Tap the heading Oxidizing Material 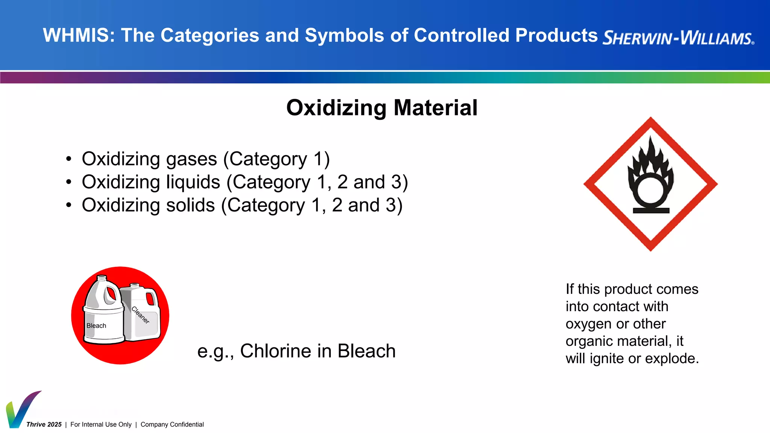coord(382,108)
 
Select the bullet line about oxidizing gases coord(205,159)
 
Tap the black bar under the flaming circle coord(651,210)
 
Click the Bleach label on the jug coord(96,326)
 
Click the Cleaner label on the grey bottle coord(141,315)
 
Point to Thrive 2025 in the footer coord(44,424)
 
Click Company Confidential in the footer coord(172,424)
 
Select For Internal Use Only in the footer coord(101,424)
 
